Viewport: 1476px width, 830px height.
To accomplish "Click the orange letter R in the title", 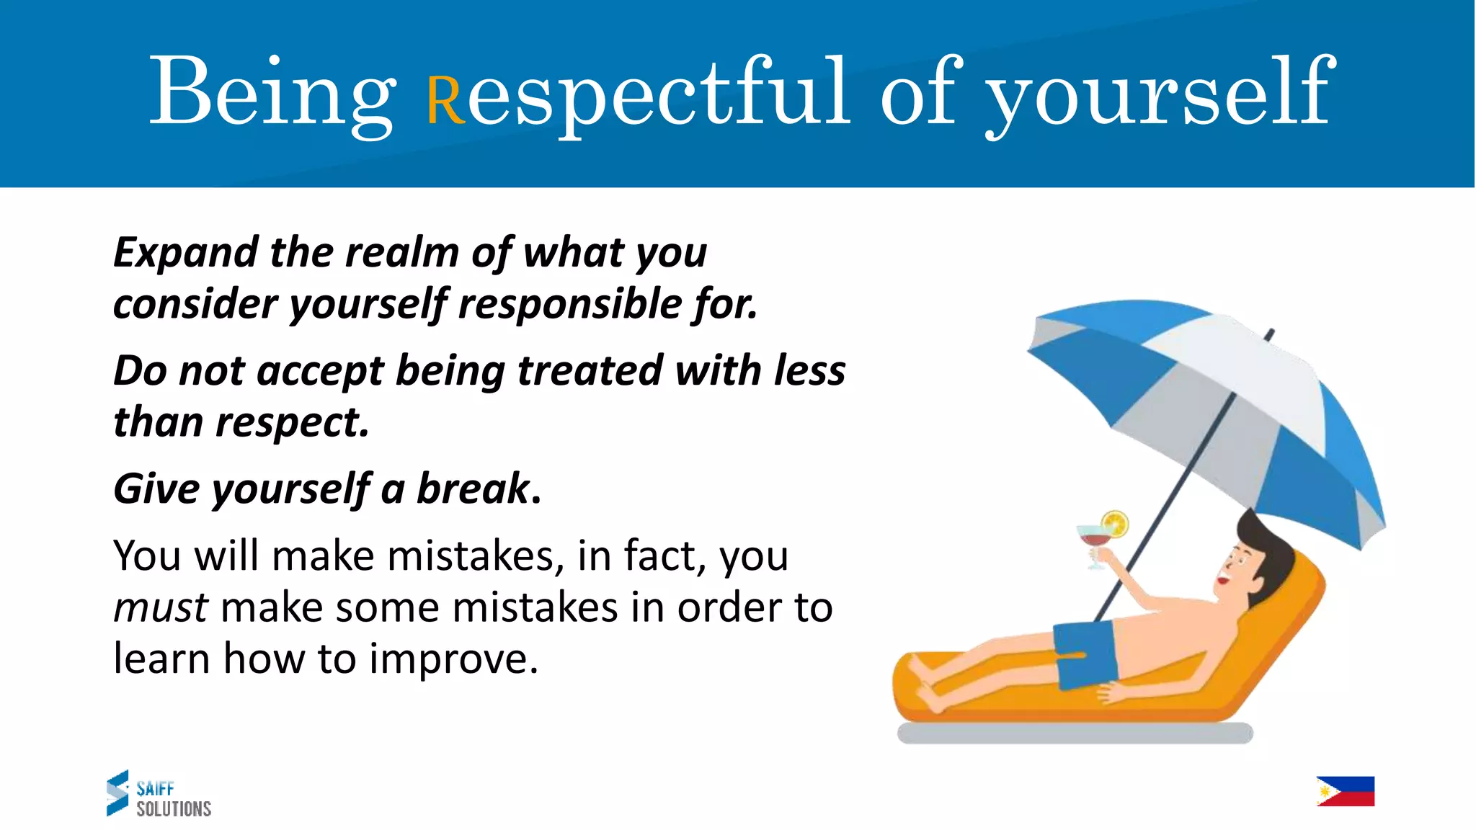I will point(446,101).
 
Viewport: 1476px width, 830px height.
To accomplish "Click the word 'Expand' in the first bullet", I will point(186,253).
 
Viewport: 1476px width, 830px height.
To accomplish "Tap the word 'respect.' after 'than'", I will point(292,422).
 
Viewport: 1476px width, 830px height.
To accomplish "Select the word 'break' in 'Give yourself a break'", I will point(474,489).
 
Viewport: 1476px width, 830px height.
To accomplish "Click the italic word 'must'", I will point(161,607).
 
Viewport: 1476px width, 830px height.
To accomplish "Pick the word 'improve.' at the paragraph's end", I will point(453,659).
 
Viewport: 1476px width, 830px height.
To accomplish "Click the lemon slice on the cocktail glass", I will point(1114,523).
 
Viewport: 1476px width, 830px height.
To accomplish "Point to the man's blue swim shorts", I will point(1085,655).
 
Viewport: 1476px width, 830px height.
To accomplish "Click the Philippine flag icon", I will point(1345,791).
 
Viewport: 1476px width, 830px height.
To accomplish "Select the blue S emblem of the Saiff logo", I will point(117,793).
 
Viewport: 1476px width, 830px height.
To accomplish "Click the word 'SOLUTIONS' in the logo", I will point(174,809).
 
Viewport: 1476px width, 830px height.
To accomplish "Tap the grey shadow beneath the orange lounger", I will point(1074,733).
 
